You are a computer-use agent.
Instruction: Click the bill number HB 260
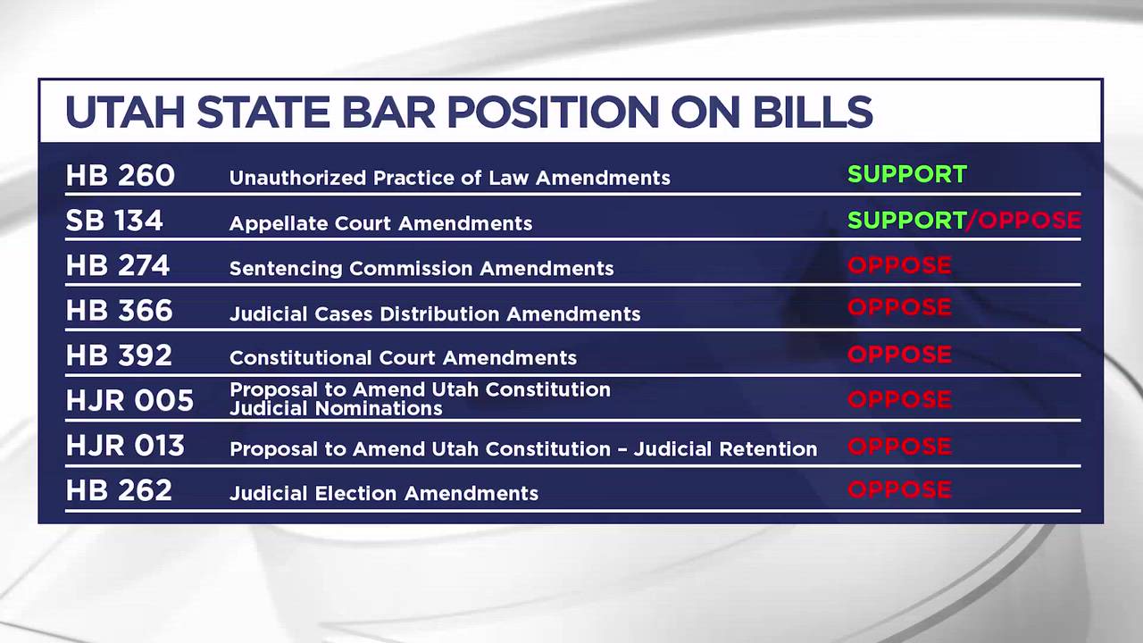121,176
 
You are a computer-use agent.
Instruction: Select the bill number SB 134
114,221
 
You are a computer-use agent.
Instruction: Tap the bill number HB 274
118,265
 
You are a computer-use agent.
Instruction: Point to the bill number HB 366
120,310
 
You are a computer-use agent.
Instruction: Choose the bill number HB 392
119,355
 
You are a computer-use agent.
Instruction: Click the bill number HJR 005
130,400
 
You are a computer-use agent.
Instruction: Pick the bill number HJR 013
126,445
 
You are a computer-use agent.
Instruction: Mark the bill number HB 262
119,490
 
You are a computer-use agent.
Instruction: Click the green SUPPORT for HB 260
907,174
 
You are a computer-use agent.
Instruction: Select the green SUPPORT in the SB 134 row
907,220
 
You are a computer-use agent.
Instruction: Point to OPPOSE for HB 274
899,265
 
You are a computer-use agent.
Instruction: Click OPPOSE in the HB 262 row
899,489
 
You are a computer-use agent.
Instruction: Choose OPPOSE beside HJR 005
899,399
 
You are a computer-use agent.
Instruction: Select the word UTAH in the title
125,112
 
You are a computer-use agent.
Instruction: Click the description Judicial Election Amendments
384,494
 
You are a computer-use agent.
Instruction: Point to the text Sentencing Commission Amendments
421,269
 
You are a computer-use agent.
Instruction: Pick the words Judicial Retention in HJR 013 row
726,449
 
